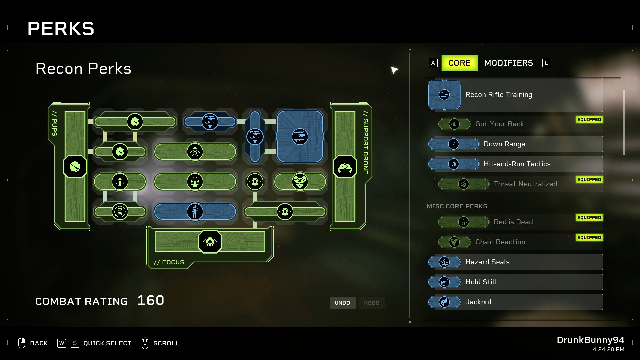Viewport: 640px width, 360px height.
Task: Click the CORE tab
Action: (459, 63)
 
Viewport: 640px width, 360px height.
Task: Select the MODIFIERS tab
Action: (508, 63)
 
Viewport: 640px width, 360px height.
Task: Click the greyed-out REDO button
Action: (372, 303)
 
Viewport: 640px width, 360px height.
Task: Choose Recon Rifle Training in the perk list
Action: (498, 95)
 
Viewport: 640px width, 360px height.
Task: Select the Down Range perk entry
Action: (504, 144)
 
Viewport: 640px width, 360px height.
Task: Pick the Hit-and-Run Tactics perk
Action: (517, 164)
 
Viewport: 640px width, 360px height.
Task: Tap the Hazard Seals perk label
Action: (487, 262)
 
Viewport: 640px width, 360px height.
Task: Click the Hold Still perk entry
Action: (481, 282)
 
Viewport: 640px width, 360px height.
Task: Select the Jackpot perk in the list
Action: (478, 302)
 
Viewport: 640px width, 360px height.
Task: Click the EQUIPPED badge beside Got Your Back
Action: (589, 120)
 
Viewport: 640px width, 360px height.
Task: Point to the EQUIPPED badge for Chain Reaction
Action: (589, 238)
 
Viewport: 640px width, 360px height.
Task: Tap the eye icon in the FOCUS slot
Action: (210, 242)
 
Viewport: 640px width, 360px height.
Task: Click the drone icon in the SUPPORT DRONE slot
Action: (345, 167)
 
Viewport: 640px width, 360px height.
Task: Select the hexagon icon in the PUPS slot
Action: (75, 167)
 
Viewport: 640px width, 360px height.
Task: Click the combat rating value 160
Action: (151, 301)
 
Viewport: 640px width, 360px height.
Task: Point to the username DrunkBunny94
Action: (590, 340)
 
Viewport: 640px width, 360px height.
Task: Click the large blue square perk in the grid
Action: (300, 136)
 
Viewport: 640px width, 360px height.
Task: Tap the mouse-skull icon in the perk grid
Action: (300, 182)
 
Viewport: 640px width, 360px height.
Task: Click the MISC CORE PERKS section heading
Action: (457, 206)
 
